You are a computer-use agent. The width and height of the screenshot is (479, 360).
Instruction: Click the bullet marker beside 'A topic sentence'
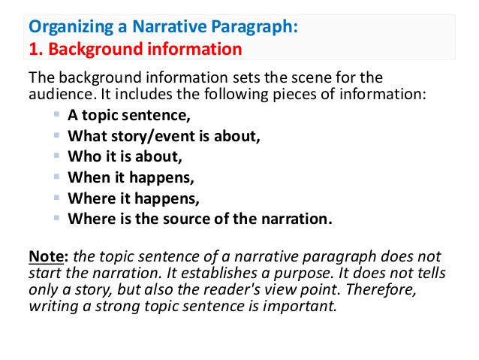point(58,114)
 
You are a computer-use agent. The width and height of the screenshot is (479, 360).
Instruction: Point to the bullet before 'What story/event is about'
point(58,135)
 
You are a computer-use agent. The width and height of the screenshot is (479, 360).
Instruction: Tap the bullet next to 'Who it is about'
point(58,156)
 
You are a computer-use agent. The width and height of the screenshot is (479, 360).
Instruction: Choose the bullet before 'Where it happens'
point(58,198)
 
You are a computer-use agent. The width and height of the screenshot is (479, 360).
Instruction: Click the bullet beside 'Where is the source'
point(58,219)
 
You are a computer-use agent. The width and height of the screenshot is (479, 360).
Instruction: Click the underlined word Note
point(44,256)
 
